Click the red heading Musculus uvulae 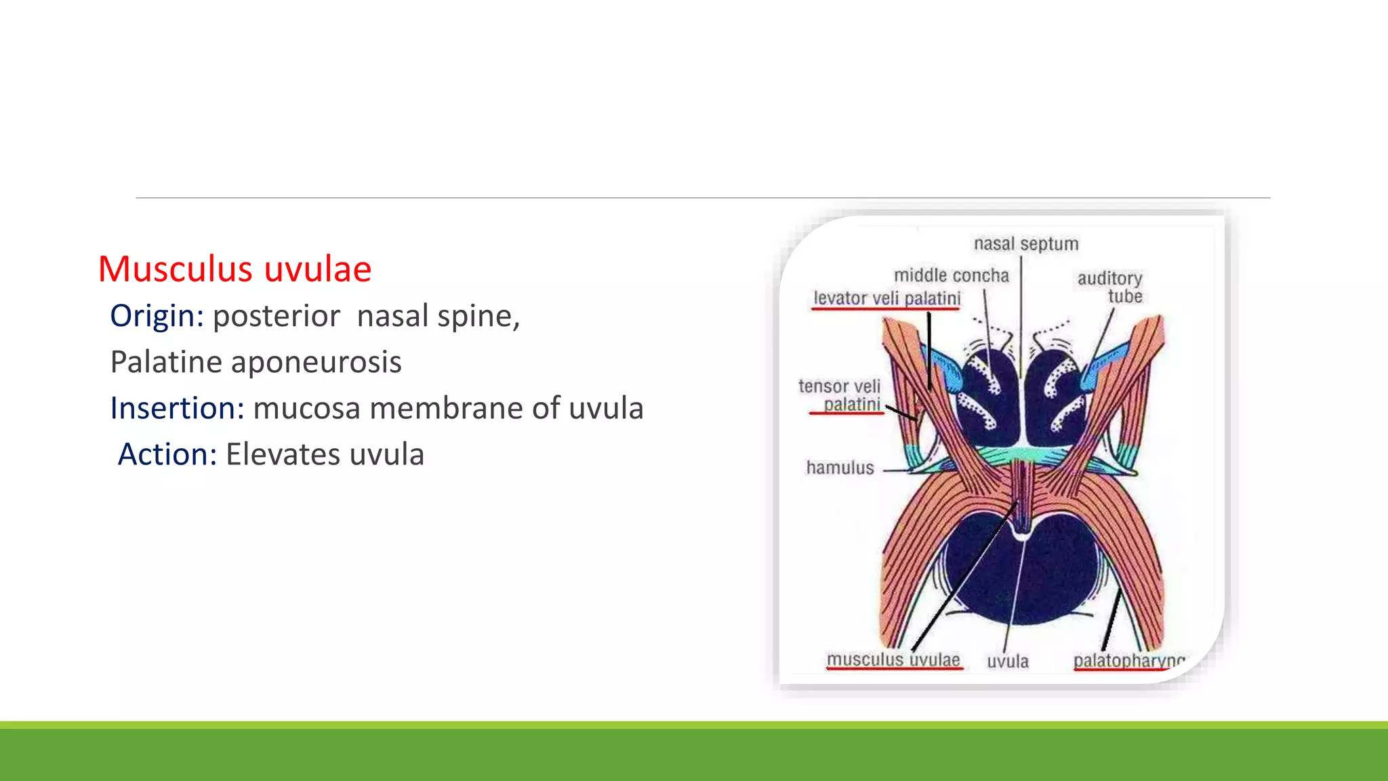tap(234, 269)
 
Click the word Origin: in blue tap(157, 316)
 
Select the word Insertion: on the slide tap(177, 408)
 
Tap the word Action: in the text tap(167, 454)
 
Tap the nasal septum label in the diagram tap(1025, 244)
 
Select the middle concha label tap(951, 275)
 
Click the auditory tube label tap(1110, 287)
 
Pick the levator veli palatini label tap(886, 298)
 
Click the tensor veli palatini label tap(840, 395)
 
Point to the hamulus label tap(840, 468)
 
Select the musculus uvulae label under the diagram tap(893, 660)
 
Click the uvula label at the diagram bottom tap(1007, 662)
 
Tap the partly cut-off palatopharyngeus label tap(1128, 660)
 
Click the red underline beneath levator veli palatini tap(885, 309)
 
